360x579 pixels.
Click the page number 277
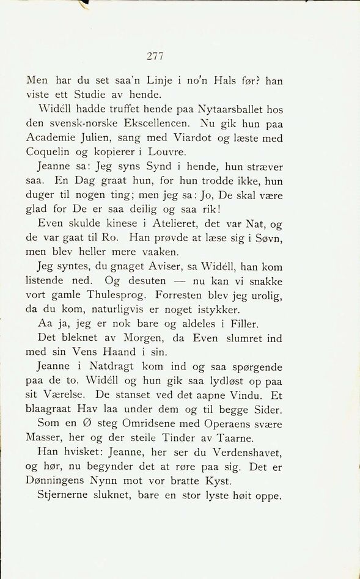click(x=155, y=57)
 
